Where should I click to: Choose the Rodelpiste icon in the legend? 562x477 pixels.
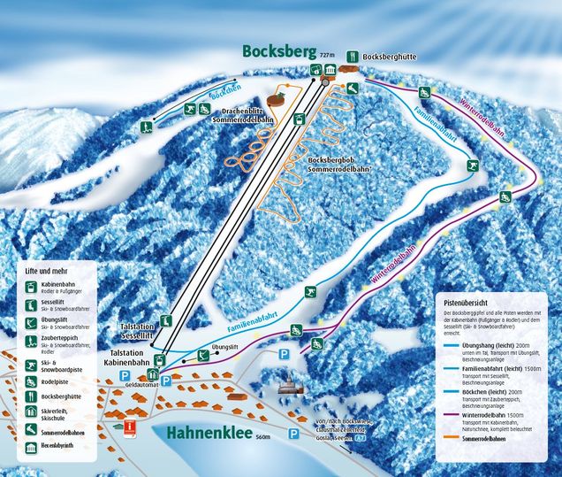[32, 381]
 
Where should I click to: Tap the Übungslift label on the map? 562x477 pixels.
[226, 346]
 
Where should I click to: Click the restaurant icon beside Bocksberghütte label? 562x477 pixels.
[352, 54]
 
